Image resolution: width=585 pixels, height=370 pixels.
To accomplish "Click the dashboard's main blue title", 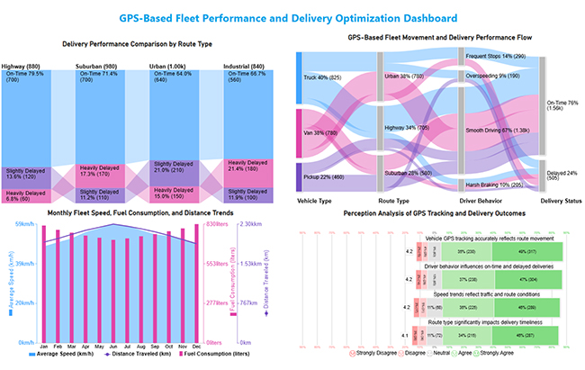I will point(292,15).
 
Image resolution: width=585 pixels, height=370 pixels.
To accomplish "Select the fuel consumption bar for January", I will point(44,284).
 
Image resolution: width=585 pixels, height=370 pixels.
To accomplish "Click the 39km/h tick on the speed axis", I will point(24,264).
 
